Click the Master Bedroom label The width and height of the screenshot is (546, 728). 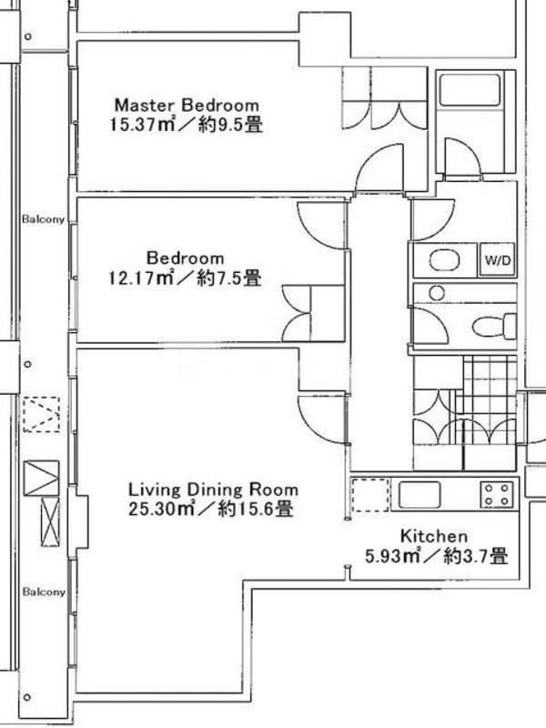pos(187,105)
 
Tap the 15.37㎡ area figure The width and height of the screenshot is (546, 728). pos(142,125)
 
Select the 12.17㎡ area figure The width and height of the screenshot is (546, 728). pos(140,278)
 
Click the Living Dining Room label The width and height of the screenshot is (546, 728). pos(213,490)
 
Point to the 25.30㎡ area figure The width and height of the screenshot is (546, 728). pos(161,510)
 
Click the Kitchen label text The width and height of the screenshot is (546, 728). pos(434,536)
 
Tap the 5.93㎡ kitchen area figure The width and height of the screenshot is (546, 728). pos(392,556)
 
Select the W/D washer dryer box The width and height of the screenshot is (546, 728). pos(497,259)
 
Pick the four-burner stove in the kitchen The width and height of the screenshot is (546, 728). pos(497,494)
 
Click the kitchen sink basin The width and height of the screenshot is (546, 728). pos(420,494)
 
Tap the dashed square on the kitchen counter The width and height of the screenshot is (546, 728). pos(370,495)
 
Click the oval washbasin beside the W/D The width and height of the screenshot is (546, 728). pos(444,259)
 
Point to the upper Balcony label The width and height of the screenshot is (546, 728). pos(43,218)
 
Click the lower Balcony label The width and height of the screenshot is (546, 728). pos(44,592)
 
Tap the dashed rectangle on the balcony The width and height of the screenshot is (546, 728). pos(42,415)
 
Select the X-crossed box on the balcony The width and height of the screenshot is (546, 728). pos(50,521)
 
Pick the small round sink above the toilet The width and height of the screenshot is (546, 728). pos(437,293)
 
